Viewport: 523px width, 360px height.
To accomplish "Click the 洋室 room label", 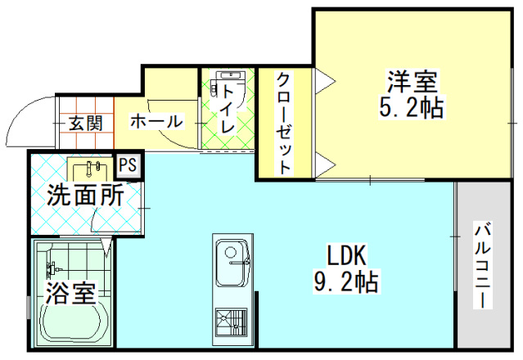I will point(413,82).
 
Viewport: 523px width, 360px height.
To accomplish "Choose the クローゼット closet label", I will point(284,123).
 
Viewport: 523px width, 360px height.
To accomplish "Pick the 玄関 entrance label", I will point(85,124).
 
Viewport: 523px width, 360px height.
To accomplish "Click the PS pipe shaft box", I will point(128,165).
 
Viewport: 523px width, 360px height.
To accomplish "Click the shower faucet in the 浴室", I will point(53,268).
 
